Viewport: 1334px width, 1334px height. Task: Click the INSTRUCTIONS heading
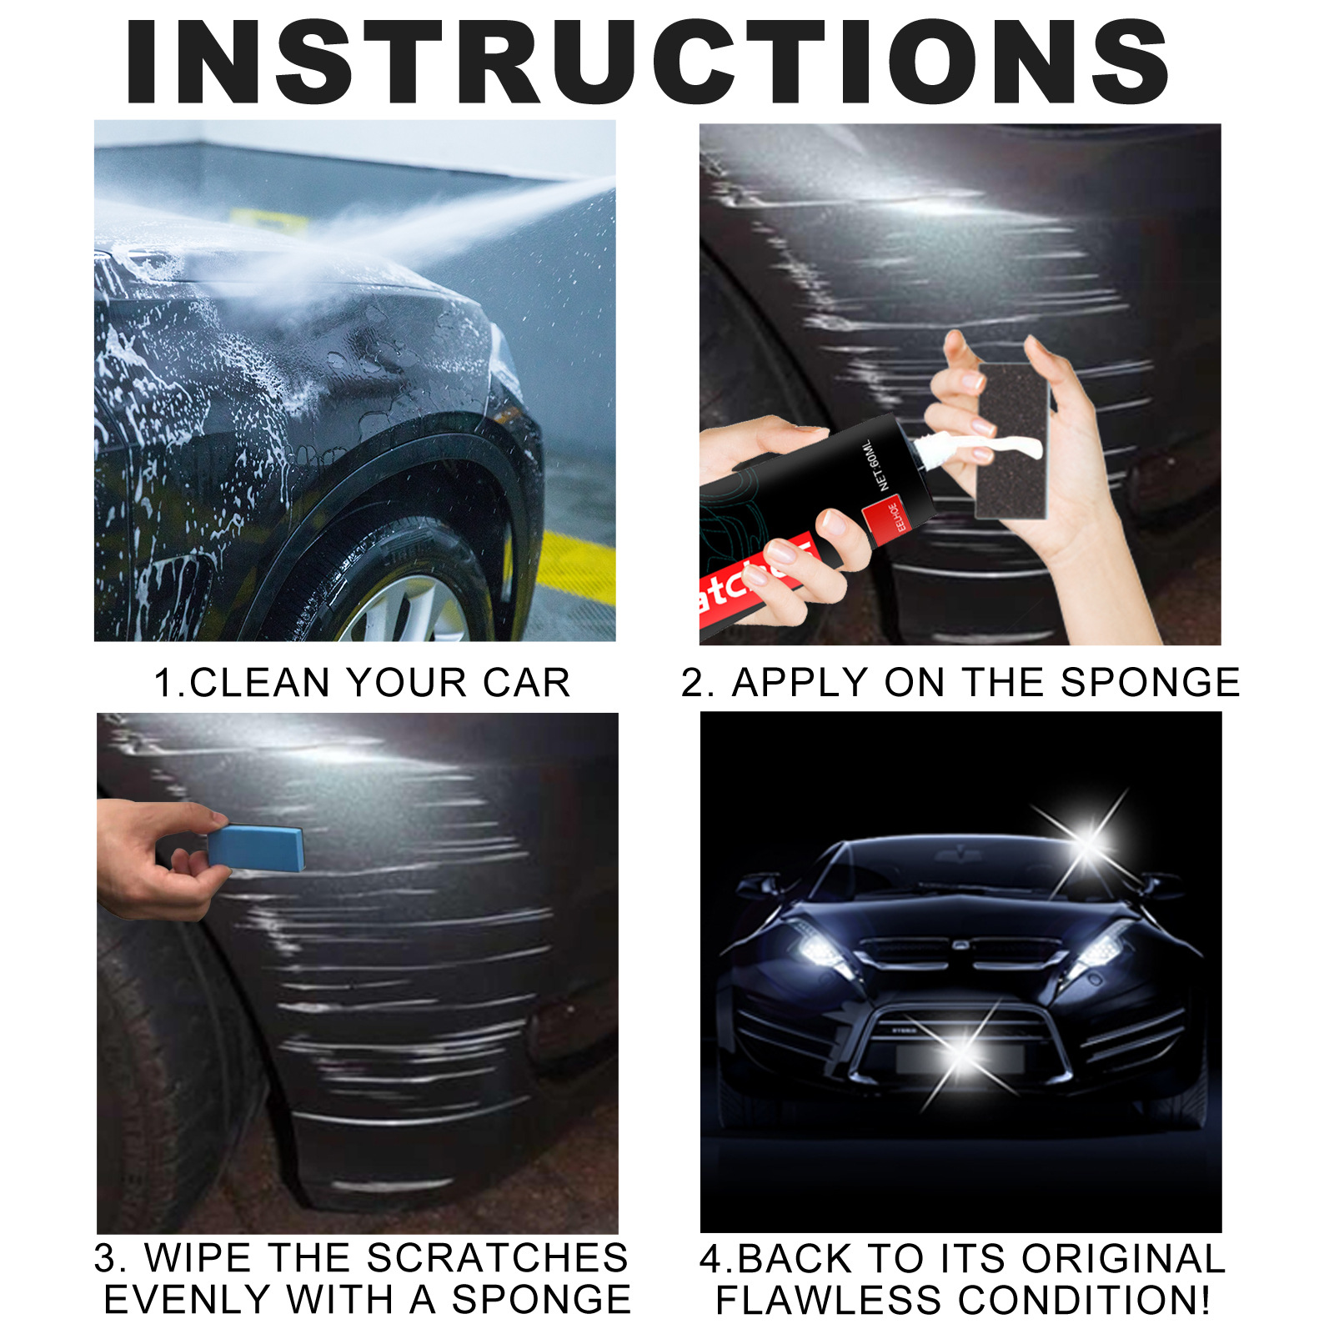[x=648, y=63]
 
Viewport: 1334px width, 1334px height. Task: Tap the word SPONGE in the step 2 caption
[x=1150, y=683]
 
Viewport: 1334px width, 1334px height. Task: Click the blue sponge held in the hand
[x=255, y=848]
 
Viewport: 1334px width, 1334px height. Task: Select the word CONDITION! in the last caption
[x=1084, y=1300]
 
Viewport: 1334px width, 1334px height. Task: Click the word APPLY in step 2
[x=800, y=683]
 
